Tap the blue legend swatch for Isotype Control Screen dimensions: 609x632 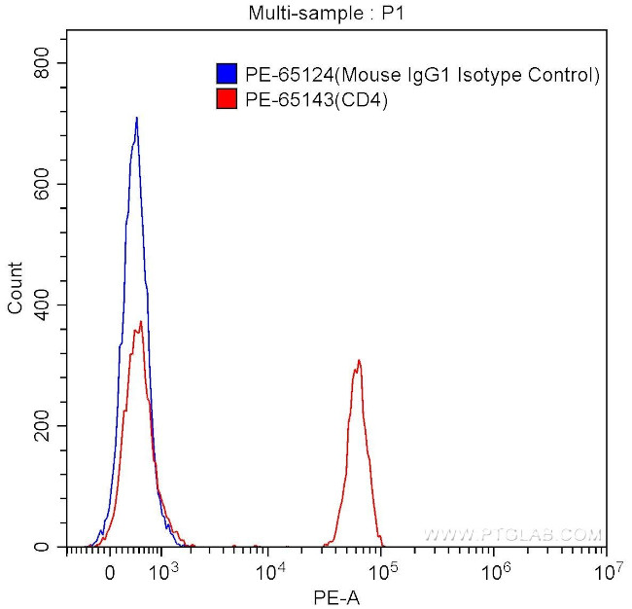226,74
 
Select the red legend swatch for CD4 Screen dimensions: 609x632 226,98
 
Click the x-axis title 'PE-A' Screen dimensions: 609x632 335,596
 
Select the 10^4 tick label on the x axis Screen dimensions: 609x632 272,568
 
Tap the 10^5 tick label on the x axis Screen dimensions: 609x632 384,568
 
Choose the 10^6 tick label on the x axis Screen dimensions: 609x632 496,568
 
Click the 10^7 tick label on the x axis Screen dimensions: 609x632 607,568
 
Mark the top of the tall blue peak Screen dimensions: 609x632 137,118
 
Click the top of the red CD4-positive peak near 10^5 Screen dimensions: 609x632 359,361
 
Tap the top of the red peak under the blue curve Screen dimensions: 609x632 141,322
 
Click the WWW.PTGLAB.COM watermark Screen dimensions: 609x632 513,535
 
